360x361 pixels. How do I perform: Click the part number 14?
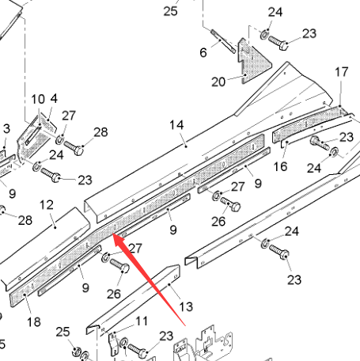pos(176,125)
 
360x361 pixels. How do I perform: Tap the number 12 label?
pos(47,205)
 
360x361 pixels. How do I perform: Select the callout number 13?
pos(186,307)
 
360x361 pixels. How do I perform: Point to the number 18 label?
pos(34,322)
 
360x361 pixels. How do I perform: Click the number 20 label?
pos(218,82)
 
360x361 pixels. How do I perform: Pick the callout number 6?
pos(203,52)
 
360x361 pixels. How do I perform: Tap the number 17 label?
pos(342,72)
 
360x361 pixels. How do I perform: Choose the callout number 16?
pos(280,167)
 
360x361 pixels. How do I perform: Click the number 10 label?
pos(38,100)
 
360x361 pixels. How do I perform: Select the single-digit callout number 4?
pos(54,99)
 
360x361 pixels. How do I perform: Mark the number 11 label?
pos(142,321)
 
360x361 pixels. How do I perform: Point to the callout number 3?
pos(6,129)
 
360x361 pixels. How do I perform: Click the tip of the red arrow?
pos(113,234)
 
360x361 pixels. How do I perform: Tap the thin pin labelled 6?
pos(223,41)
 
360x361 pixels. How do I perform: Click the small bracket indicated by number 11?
pos(114,344)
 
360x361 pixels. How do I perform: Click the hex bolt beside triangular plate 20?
pos(279,43)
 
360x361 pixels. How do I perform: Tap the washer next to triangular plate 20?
pos(264,35)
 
